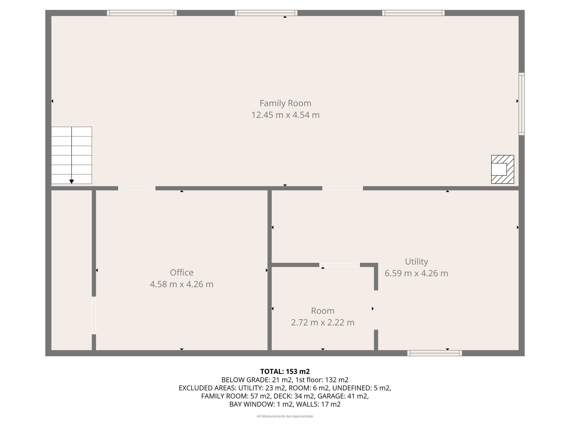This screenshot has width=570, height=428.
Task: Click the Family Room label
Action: point(285,103)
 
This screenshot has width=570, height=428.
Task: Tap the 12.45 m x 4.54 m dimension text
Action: point(285,115)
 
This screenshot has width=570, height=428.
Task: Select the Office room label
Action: point(181,272)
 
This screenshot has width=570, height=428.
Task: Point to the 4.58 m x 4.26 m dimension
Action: point(181,284)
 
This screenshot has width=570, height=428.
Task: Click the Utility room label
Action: point(416,261)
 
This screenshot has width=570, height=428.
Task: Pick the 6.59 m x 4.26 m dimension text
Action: point(416,273)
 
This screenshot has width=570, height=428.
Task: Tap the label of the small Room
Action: point(323,310)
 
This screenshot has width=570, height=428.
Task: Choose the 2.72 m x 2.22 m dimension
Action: point(323,322)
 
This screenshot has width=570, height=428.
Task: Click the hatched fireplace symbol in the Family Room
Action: point(502,169)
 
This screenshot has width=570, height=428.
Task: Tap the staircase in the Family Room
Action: point(72,155)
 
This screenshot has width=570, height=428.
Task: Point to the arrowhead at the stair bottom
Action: point(72,182)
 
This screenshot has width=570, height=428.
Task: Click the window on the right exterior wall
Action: point(522,104)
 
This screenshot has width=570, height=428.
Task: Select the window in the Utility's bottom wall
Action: point(434,353)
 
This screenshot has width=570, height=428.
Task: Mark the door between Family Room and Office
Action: point(137,188)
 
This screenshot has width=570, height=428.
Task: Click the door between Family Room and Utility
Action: point(342,188)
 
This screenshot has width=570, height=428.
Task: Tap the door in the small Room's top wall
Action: point(340,265)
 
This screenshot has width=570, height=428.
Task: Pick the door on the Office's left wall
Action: point(94,315)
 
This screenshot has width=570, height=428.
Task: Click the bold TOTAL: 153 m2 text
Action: point(285,371)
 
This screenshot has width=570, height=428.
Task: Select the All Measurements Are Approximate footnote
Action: point(285,416)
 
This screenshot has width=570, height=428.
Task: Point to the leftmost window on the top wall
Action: point(142,13)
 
